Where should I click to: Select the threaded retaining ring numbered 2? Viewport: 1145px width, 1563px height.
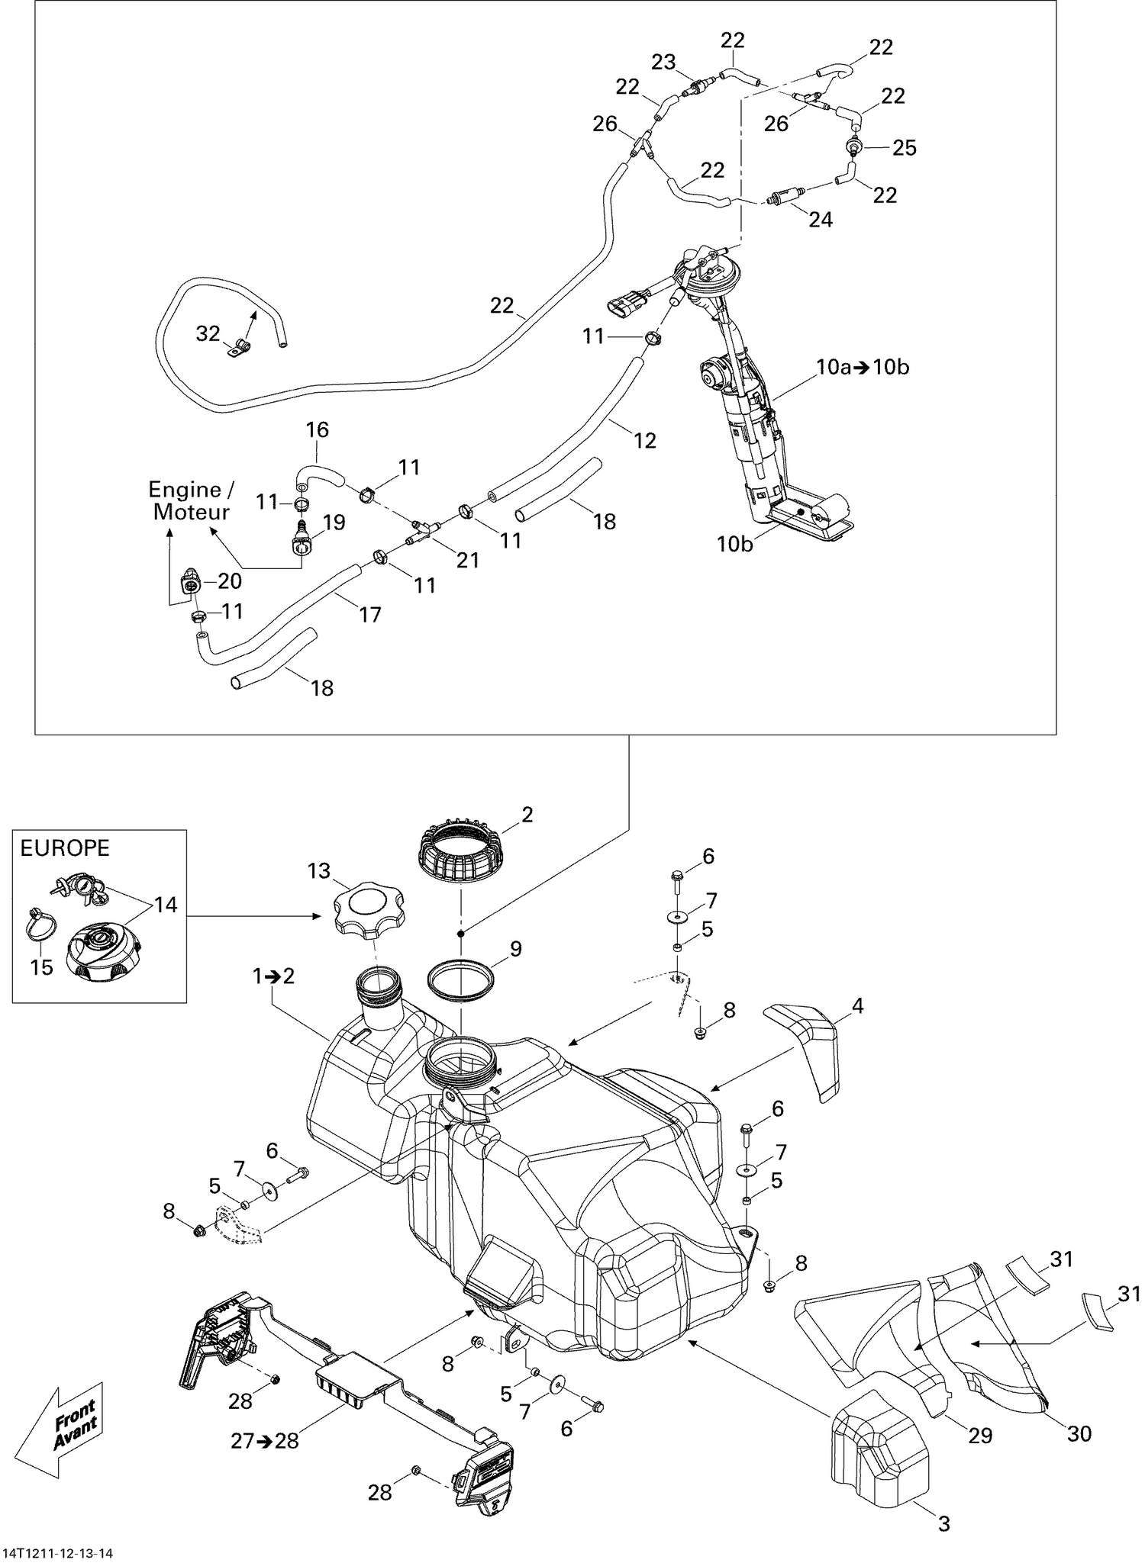(460, 851)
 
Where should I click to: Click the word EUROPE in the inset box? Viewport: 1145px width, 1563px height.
(65, 848)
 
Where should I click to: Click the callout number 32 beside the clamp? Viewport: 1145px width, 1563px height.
(208, 333)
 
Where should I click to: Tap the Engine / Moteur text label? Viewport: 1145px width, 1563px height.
(191, 500)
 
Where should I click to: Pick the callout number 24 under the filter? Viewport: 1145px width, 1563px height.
(821, 220)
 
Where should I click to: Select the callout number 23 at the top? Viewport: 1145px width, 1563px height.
(663, 62)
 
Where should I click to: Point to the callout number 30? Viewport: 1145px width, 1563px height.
(1079, 1434)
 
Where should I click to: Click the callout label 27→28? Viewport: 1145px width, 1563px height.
(265, 1440)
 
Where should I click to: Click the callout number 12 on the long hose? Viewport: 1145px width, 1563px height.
(645, 440)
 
